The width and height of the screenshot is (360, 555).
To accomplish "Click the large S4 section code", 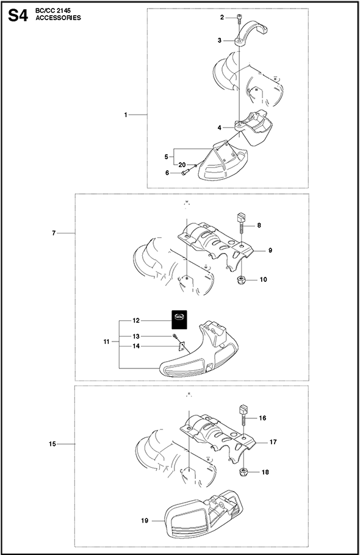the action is [17, 15].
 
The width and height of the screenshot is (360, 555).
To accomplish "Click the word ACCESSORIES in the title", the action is [58, 18].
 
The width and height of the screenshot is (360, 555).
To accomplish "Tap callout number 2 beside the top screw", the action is [222, 17].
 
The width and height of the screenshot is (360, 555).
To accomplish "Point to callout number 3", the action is [220, 41].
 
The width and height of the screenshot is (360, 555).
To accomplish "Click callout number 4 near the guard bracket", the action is [220, 128].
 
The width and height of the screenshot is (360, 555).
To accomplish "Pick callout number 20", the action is [182, 165].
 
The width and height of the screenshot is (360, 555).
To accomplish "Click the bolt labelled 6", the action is [186, 173].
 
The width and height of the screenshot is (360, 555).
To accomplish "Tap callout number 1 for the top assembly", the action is [125, 115].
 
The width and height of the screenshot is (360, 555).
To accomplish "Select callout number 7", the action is [54, 233].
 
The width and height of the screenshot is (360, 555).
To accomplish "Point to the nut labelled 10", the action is [240, 279].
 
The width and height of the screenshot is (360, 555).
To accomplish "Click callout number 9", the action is [270, 251].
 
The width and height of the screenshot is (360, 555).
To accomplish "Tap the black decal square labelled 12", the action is [179, 320].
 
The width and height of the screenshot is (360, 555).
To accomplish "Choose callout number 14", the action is [136, 346].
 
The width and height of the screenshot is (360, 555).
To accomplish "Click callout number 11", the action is [107, 342].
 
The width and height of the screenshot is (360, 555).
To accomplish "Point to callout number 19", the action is [145, 521].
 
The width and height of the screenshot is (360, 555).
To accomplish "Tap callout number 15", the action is [52, 444].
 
